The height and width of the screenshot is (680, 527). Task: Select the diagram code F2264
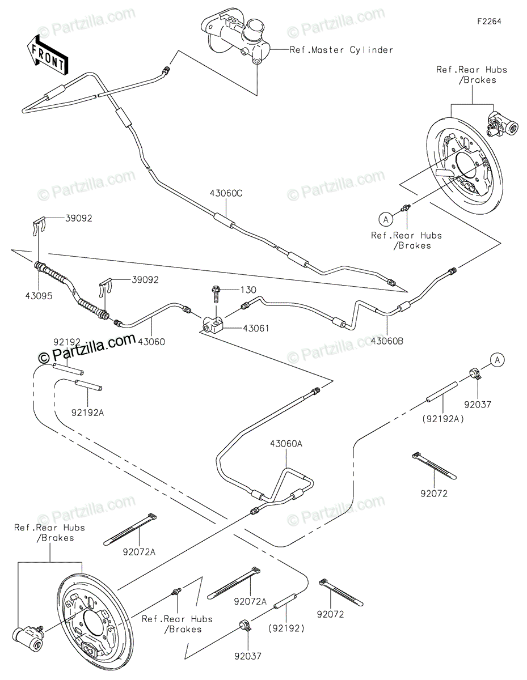click(489, 22)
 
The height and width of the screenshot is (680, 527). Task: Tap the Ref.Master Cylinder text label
click(341, 50)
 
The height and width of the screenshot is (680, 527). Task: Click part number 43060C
click(226, 193)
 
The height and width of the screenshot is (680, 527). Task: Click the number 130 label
click(248, 290)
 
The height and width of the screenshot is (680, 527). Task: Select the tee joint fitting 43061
click(212, 325)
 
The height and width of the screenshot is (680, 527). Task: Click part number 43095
click(39, 296)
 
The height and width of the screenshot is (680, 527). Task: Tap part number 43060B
click(387, 341)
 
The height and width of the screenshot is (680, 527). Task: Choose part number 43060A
click(286, 444)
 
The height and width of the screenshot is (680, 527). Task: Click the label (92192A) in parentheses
click(443, 419)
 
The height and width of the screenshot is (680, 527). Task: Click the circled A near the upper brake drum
click(386, 219)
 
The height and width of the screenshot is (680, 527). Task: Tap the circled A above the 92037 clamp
click(498, 360)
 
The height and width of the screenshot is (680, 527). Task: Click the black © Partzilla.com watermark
click(87, 347)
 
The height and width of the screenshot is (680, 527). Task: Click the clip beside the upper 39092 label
click(40, 226)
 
